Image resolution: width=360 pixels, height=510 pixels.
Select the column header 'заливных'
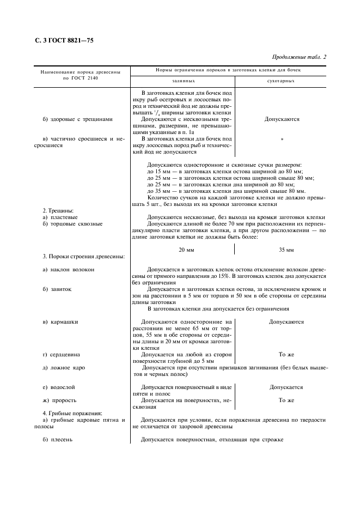183,81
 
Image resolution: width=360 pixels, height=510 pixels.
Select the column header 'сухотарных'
282,81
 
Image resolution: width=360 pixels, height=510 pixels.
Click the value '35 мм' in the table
286,250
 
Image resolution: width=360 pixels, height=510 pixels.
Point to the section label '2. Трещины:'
58,210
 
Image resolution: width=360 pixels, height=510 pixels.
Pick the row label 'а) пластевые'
60,217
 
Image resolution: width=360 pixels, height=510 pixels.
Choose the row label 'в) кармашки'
60,322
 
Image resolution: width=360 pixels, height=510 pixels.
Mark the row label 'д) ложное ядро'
64,368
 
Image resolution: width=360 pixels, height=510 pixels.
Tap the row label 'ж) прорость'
60,400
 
